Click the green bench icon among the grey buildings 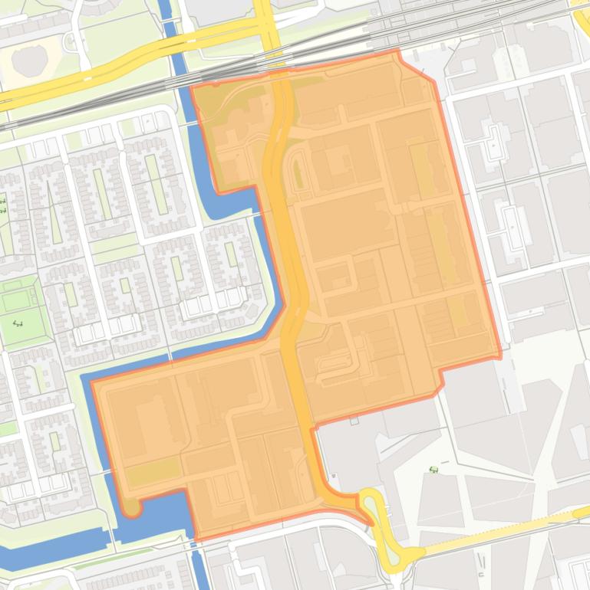pos(433,469)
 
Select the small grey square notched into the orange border pos(354,421)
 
